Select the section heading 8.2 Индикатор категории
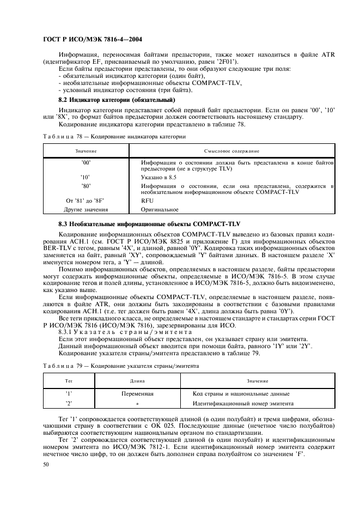tap(116, 100)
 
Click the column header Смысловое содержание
tap(232, 150)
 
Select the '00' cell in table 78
tap(86, 162)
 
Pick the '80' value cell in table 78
tap(86, 185)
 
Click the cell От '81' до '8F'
tap(86, 201)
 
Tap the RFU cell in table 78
tap(147, 201)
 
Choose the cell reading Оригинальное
tap(159, 209)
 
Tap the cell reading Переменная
tap(137, 393)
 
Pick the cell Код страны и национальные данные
tap(241, 393)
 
